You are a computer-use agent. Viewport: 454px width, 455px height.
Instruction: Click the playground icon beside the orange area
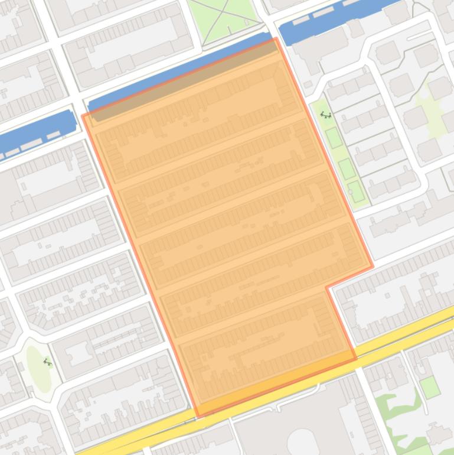pos(325,115)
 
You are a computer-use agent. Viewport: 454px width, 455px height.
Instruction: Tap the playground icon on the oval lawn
pos(47,362)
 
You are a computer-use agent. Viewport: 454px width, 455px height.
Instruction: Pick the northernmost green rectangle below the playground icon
pos(334,138)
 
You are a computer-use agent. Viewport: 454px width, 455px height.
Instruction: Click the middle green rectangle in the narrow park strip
pos(347,169)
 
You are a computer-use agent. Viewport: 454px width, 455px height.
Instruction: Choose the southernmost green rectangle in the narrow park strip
pos(356,191)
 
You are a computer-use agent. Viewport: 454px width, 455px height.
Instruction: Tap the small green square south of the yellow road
pos(430,387)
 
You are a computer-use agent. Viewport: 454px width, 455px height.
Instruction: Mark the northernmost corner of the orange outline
pos(276,38)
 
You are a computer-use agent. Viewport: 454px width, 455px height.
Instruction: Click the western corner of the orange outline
pos(83,115)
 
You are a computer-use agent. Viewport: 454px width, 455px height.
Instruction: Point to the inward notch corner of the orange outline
pos(326,288)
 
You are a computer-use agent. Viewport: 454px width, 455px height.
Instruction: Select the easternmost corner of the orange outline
pos(373,266)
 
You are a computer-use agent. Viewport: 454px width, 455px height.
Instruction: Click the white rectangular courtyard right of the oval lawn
pos(76,352)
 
